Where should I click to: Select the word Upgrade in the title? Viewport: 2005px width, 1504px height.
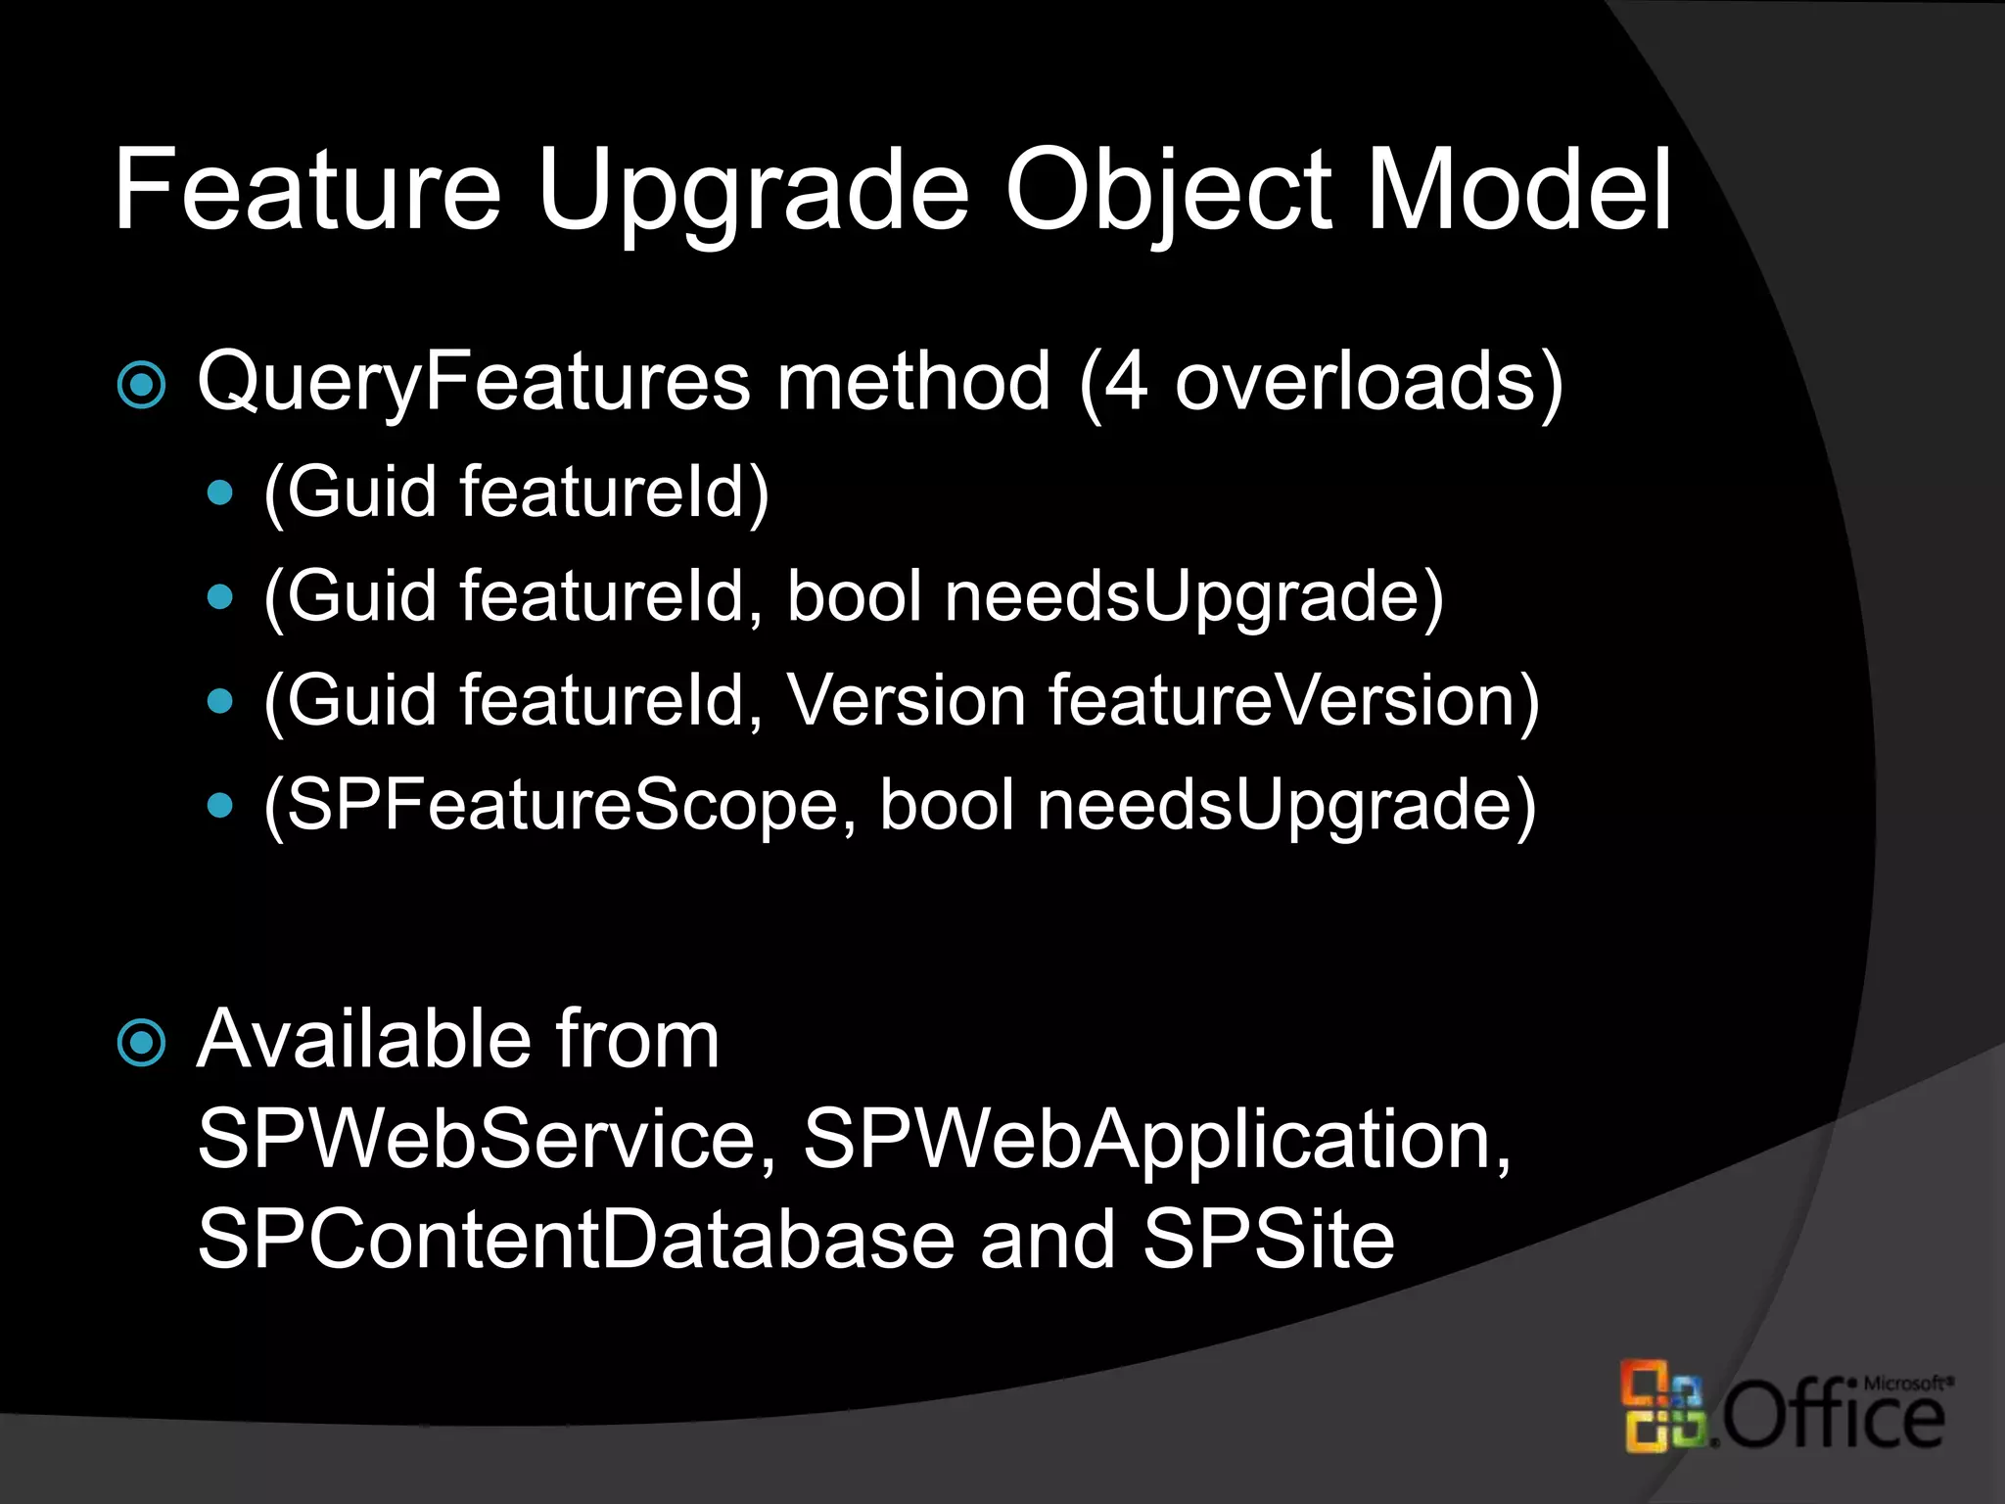click(752, 194)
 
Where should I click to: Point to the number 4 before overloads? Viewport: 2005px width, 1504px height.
click(1127, 382)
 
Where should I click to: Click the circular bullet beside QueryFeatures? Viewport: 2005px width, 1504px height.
click(142, 385)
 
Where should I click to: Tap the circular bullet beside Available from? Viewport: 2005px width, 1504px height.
click(142, 1043)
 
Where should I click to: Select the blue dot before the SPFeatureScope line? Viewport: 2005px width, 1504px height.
click(221, 805)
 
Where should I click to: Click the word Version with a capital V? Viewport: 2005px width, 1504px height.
click(907, 700)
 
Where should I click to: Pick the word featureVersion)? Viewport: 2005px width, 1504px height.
click(1293, 702)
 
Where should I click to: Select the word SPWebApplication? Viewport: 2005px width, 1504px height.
click(1156, 1141)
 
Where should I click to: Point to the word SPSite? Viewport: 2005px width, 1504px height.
click(1268, 1239)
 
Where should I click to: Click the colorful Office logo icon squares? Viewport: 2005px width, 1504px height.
click(1662, 1406)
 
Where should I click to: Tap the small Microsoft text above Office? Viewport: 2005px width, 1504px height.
click(1905, 1383)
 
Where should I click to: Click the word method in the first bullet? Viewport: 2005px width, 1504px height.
click(913, 382)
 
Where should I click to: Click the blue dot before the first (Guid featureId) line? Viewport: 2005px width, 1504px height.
click(221, 492)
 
